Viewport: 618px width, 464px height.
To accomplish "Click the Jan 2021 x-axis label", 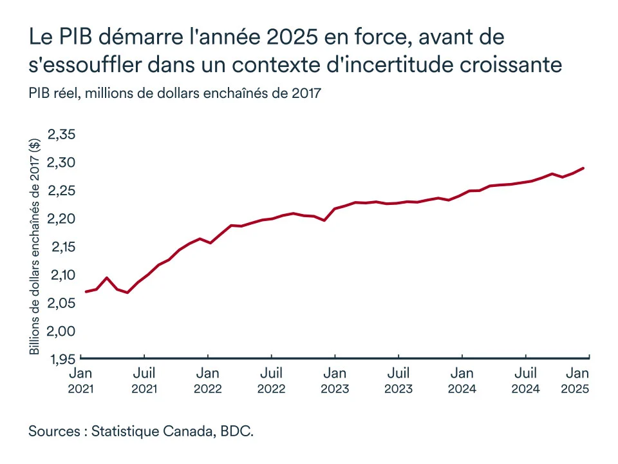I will coord(80,380).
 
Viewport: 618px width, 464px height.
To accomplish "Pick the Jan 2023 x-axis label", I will coord(335,380).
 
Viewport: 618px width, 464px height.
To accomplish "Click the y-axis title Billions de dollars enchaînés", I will coord(35,247).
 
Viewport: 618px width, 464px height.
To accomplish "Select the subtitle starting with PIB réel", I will coord(174,93).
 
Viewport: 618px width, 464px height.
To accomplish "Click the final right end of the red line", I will coord(583,168).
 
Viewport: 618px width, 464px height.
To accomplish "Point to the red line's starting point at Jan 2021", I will coord(86,292).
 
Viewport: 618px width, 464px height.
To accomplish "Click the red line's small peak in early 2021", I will coord(107,278).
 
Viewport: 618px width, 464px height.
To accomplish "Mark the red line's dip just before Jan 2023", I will coord(324,220).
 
